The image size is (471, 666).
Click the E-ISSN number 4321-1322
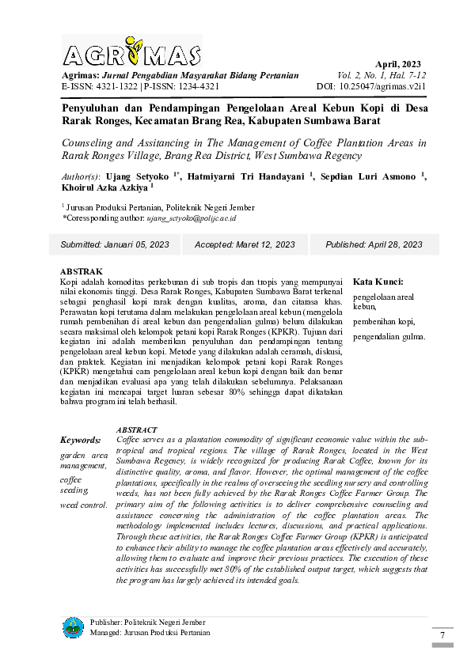pos(115,86)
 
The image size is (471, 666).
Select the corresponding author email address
pos(192,218)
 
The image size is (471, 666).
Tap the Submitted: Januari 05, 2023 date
pos(115,245)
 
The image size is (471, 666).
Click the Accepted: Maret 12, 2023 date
pos(245,245)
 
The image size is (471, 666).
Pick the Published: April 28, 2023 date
pos(374,245)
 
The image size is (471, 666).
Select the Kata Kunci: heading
pos(378,282)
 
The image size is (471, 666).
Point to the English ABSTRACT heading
pos(136,429)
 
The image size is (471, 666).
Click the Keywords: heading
pos(81,440)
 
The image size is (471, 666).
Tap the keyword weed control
pos(84,505)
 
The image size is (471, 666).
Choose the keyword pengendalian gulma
pos(389,337)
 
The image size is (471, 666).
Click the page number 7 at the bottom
pos(443,636)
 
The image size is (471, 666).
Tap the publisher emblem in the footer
pos(73,628)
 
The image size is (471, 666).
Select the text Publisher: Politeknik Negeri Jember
pos(147,622)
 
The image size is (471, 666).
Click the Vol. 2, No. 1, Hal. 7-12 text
pos(382,75)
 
